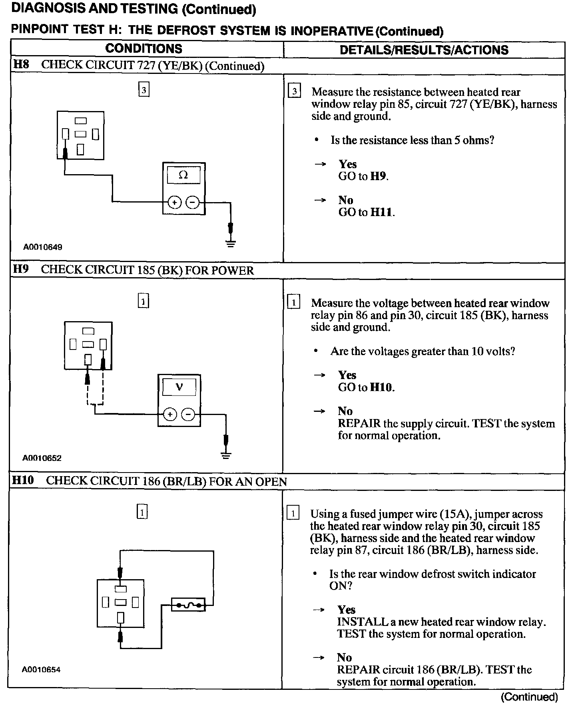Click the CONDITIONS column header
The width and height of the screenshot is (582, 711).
pyautogui.click(x=144, y=49)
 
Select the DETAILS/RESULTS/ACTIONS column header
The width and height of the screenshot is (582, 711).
pyautogui.click(x=424, y=50)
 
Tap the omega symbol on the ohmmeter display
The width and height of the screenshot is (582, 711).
pyautogui.click(x=183, y=175)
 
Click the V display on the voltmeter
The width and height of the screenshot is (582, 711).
pyautogui.click(x=179, y=387)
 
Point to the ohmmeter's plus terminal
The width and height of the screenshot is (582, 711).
pyautogui.click(x=174, y=203)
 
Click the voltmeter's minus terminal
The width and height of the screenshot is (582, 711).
pyautogui.click(x=188, y=414)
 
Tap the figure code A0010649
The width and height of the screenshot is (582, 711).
pyautogui.click(x=42, y=247)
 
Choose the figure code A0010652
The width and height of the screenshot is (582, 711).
pyautogui.click(x=42, y=458)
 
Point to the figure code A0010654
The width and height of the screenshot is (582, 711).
pyautogui.click(x=41, y=669)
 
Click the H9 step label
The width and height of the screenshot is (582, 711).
pyautogui.click(x=21, y=269)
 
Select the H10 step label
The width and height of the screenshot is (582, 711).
pyautogui.click(x=23, y=481)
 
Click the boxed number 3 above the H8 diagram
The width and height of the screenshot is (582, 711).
pyautogui.click(x=144, y=90)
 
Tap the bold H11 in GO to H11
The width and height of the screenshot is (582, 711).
pyautogui.click(x=382, y=212)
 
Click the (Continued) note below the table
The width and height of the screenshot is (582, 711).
pyautogui.click(x=529, y=697)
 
